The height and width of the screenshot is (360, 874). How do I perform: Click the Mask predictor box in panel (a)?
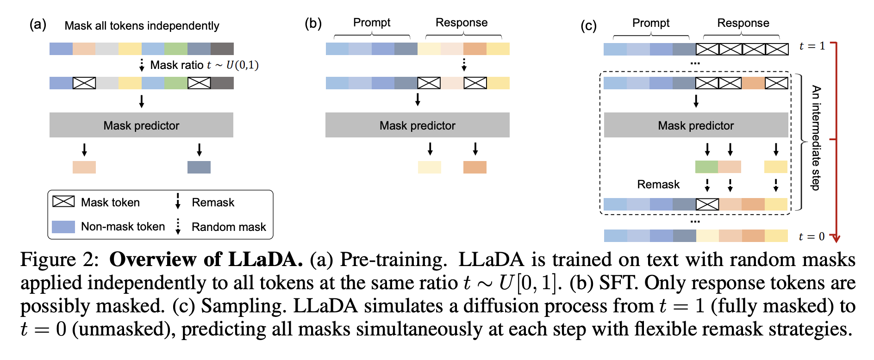pyautogui.click(x=141, y=125)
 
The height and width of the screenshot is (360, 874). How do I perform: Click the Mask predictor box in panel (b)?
pyautogui.click(x=417, y=125)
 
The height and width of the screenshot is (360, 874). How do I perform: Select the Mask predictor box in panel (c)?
pyautogui.click(x=695, y=125)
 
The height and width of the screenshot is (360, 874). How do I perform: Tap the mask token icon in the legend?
pyautogui.click(x=63, y=201)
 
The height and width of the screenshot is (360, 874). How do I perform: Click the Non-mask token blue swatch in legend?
pyautogui.click(x=63, y=227)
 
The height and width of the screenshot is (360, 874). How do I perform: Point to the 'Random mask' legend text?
pyautogui.click(x=229, y=227)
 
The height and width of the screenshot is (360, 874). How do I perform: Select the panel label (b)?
pyautogui.click(x=313, y=23)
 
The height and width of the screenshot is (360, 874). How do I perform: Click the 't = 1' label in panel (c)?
pyautogui.click(x=812, y=46)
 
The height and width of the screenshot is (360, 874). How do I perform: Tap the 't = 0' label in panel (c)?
pyautogui.click(x=812, y=236)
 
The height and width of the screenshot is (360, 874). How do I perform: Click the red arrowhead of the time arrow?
pyautogui.click(x=836, y=238)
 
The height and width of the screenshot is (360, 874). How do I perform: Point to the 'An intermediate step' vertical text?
pyautogui.click(x=816, y=137)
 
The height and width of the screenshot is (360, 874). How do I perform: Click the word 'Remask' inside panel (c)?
pyautogui.click(x=658, y=185)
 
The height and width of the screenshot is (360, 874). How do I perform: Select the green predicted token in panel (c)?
pyautogui.click(x=706, y=167)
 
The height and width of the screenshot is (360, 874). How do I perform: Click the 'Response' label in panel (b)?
pyautogui.click(x=462, y=23)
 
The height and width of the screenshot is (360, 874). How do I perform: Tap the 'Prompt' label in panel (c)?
pyautogui.click(x=650, y=23)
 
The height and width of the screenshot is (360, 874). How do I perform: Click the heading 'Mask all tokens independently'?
pyautogui.click(x=142, y=26)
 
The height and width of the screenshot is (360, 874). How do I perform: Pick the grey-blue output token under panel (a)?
pyautogui.click(x=199, y=167)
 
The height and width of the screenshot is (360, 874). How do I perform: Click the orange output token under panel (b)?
pyautogui.click(x=475, y=167)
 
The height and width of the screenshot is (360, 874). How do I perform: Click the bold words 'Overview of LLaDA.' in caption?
pyautogui.click(x=206, y=260)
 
